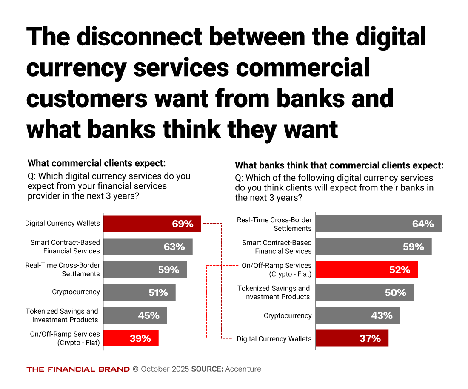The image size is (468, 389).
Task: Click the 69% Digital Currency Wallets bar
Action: click(152, 224)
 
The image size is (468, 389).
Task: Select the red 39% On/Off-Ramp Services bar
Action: click(131, 338)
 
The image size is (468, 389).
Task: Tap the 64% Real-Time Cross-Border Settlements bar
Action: click(379, 224)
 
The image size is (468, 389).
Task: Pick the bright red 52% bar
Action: click(367, 270)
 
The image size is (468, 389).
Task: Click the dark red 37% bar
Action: click(352, 338)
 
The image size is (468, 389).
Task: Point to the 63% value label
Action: click(174, 247)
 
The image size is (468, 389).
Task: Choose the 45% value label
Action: click(149, 315)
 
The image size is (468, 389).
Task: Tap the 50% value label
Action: click(396, 292)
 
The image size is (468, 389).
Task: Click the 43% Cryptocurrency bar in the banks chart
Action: click(358, 315)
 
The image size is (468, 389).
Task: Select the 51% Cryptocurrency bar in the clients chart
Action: click(140, 292)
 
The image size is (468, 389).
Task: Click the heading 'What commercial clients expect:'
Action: click(97, 163)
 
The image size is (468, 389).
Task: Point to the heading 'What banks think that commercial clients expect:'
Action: click(339, 165)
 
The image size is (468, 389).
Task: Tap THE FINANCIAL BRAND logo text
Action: click(78, 369)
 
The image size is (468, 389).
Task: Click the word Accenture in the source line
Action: click(243, 369)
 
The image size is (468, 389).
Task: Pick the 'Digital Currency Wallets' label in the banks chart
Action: click(274, 339)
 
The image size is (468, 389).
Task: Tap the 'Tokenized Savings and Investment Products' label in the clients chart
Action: click(62, 315)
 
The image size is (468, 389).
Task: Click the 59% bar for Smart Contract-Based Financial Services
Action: click(374, 247)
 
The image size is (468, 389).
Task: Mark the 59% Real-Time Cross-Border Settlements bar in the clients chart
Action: click(145, 270)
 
